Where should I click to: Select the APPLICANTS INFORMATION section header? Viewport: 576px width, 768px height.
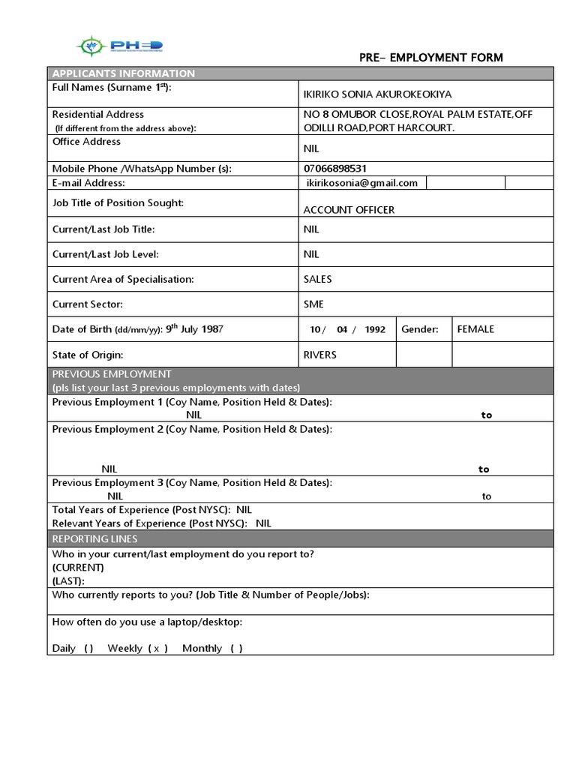click(123, 73)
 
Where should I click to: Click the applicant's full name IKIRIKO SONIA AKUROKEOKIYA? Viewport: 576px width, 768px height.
click(377, 94)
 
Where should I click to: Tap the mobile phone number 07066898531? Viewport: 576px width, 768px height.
click(335, 169)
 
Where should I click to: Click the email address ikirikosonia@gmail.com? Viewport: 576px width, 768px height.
click(362, 183)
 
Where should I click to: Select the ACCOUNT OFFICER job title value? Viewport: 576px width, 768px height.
click(349, 210)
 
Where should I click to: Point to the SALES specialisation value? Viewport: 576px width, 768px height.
click(317, 279)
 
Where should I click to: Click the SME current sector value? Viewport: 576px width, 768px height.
click(313, 304)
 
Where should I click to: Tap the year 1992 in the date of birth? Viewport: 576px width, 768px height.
click(375, 330)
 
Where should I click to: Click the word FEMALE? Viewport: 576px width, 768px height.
click(475, 329)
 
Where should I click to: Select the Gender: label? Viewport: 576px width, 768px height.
click(420, 329)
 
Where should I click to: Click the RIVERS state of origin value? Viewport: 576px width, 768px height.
click(319, 355)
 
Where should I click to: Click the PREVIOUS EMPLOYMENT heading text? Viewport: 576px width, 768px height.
click(112, 374)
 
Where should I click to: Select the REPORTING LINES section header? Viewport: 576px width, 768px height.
click(94, 539)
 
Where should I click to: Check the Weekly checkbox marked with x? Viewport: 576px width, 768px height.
click(157, 649)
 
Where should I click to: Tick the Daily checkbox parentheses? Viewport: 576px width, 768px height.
click(88, 649)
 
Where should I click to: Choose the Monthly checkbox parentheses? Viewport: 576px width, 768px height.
click(236, 649)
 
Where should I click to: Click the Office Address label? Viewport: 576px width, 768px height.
click(86, 142)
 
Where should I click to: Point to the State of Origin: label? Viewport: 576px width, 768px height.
click(87, 355)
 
